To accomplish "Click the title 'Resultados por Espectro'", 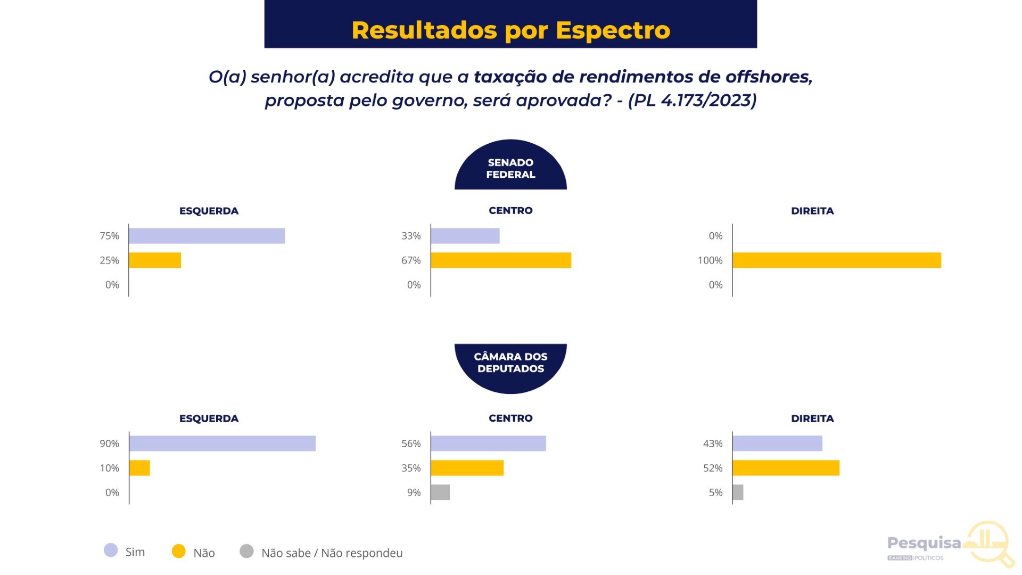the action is [x=510, y=30].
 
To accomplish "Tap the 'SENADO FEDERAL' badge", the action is [x=510, y=165].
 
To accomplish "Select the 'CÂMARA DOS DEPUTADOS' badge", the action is [x=510, y=368].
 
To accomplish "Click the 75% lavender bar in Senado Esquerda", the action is [x=207, y=236].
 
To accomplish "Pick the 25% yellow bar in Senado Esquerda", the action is [x=155, y=260].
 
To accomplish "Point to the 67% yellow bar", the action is [x=501, y=260].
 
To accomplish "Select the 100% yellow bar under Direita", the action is [x=837, y=260].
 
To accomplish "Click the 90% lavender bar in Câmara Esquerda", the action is [x=222, y=443].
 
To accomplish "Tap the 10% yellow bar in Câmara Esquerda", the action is [x=139, y=468].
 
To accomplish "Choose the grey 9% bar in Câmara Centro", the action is [x=440, y=492].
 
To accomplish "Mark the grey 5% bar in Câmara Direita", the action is [x=738, y=492].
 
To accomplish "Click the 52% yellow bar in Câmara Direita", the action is [x=786, y=468].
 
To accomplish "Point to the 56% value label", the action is [x=411, y=443].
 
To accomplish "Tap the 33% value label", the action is [x=411, y=236].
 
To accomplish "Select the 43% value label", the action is [x=713, y=443].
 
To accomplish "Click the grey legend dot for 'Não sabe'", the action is [x=246, y=551].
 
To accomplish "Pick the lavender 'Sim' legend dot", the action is [x=111, y=551].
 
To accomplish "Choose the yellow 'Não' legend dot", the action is [x=179, y=551].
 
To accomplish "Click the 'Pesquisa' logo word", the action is [x=924, y=544].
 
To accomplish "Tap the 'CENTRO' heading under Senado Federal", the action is [x=510, y=210].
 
